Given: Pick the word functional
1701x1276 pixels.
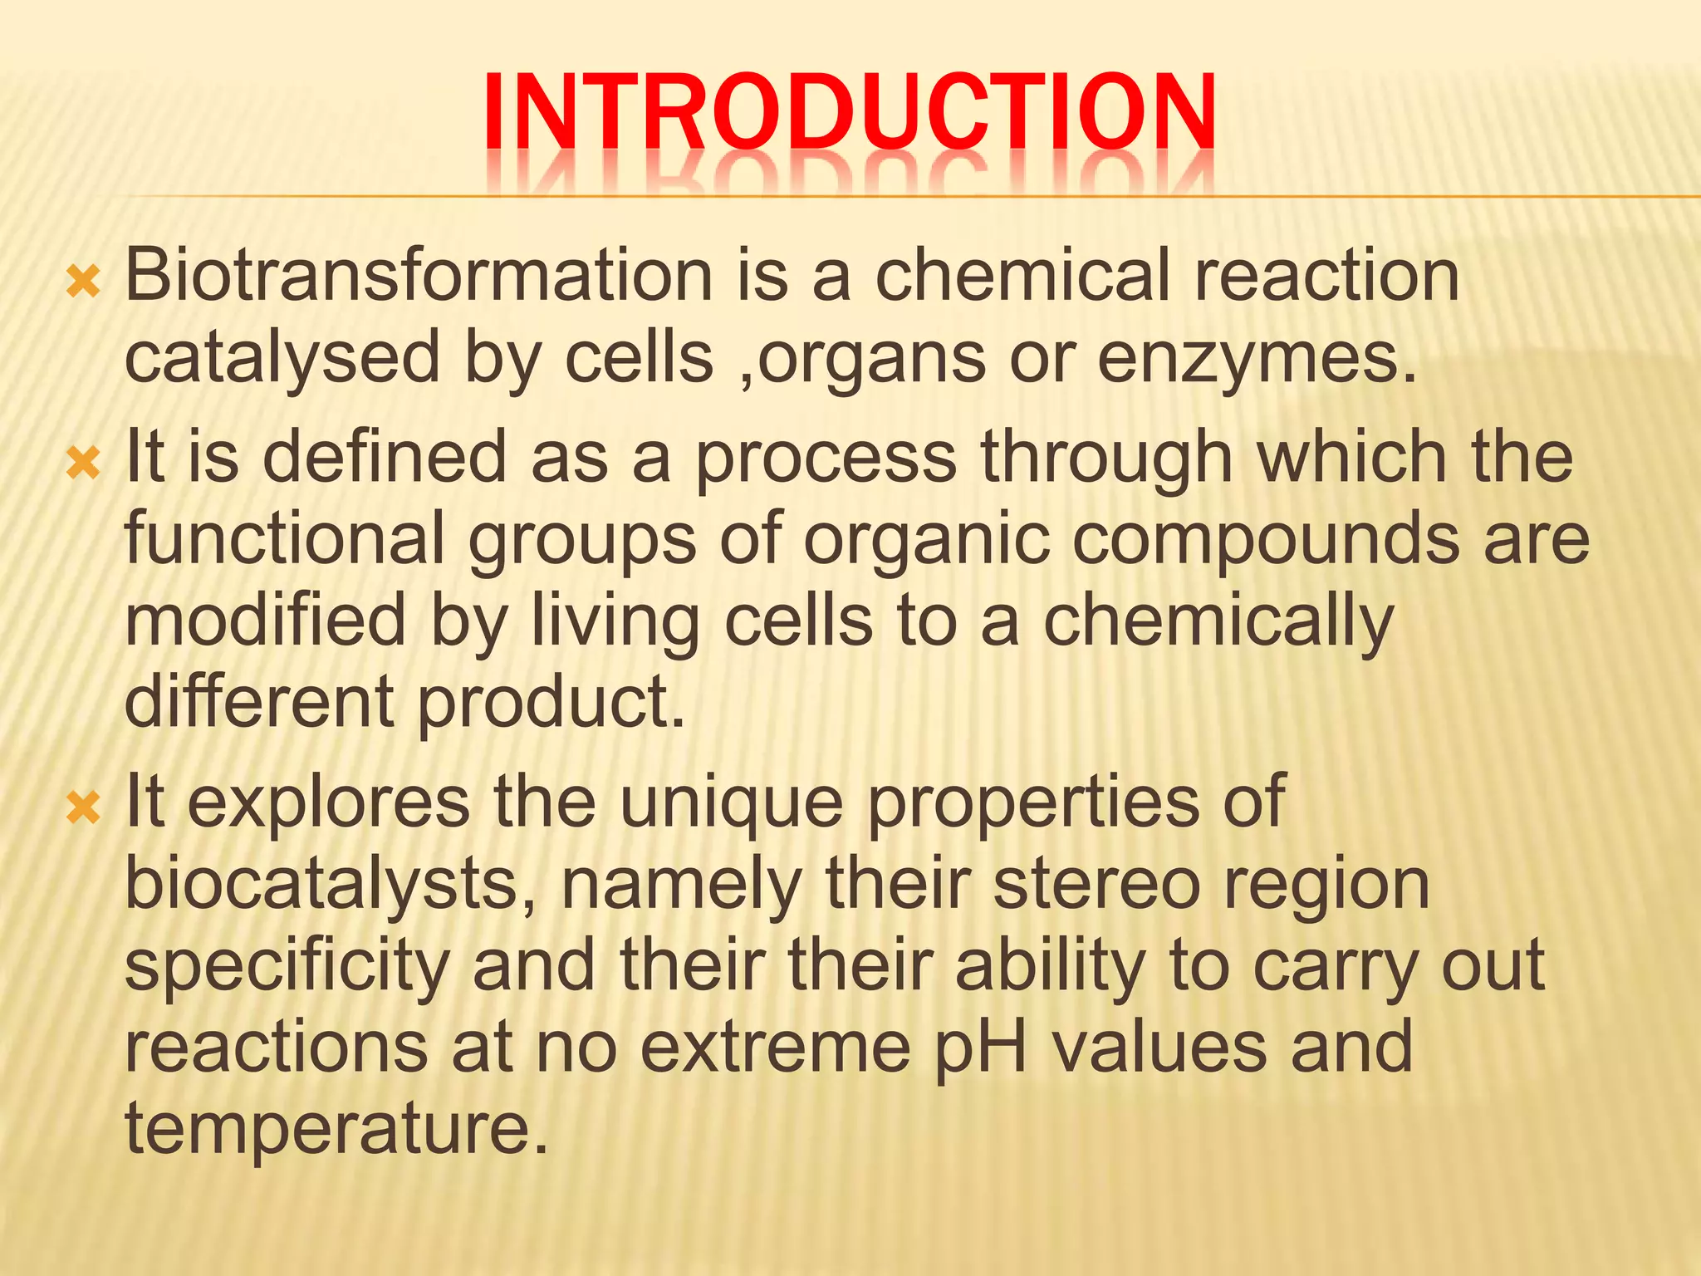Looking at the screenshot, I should click(x=285, y=539).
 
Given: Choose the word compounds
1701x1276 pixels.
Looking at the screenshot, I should click(x=1265, y=539).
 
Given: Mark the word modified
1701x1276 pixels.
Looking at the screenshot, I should click(x=265, y=621).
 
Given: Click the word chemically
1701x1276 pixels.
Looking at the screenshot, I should click(x=1218, y=621).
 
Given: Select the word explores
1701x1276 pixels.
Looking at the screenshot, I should click(x=329, y=802).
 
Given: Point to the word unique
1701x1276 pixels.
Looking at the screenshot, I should click(x=731, y=802).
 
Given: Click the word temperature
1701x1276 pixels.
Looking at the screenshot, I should click(x=336, y=1128).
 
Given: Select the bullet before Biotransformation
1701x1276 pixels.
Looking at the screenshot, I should click(x=83, y=283).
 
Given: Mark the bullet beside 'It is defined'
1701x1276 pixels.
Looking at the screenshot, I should click(x=83, y=464).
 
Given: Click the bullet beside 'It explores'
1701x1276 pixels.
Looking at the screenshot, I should click(x=83, y=808).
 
